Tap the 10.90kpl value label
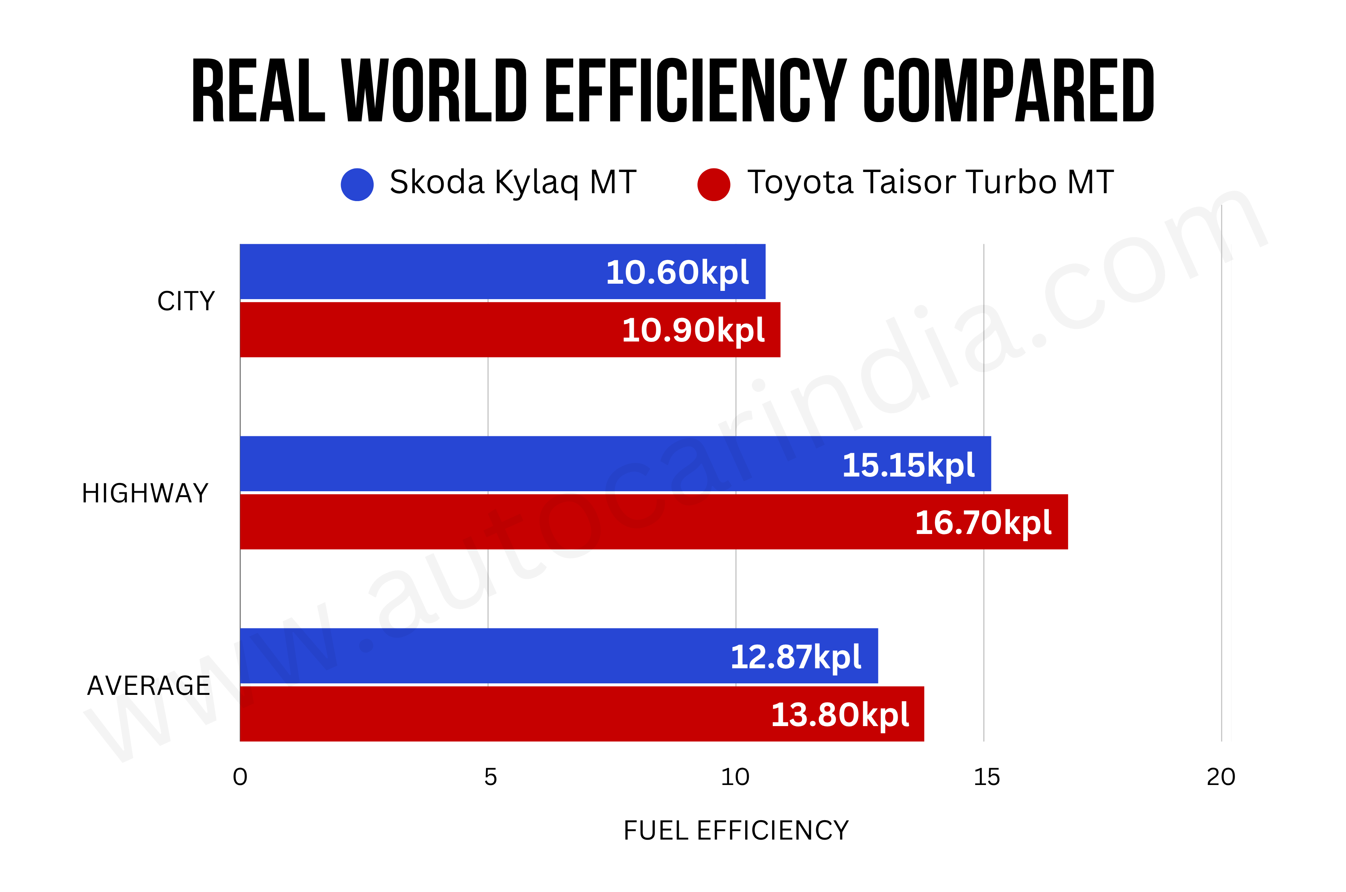pyautogui.click(x=693, y=330)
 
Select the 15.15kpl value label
pyautogui.click(x=908, y=465)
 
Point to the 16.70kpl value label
pyautogui.click(x=983, y=522)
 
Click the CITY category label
pyautogui.click(x=186, y=301)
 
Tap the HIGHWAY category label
pyautogui.click(x=145, y=493)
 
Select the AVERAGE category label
pyautogui.click(x=148, y=686)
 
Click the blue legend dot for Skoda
pyautogui.click(x=357, y=184)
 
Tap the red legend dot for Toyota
pyautogui.click(x=714, y=184)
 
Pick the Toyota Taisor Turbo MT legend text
pyautogui.click(x=930, y=183)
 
